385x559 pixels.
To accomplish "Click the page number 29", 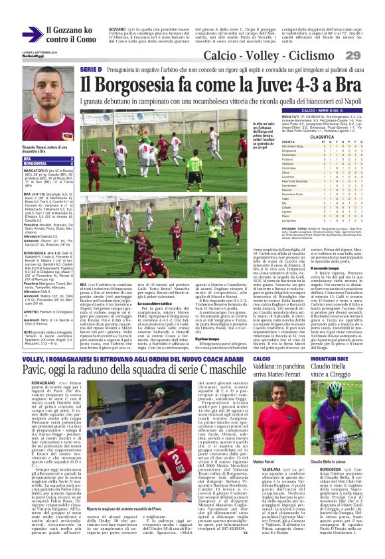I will click(x=370, y=55).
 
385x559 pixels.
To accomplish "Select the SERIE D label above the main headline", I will click(x=90, y=69).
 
